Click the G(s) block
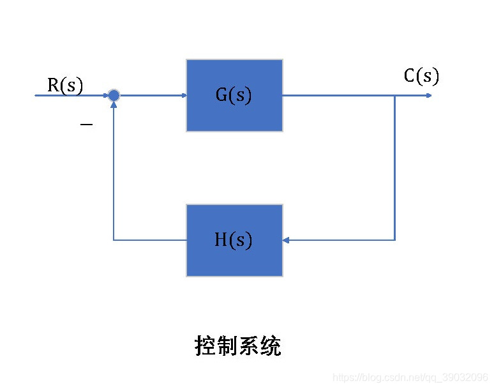point(234,95)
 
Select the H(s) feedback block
point(234,240)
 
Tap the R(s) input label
point(65,86)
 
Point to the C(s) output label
point(421,77)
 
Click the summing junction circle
point(114,96)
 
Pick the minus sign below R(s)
point(86,124)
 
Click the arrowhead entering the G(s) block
point(183,96)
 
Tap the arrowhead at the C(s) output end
point(429,96)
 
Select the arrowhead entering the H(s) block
point(287,240)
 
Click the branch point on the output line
point(395,96)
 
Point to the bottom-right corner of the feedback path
point(395,240)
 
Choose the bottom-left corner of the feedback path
point(114,240)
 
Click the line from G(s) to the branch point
point(338,96)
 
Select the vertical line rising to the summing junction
point(114,172)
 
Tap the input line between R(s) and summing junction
point(70,96)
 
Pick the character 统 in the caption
point(271,346)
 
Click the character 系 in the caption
point(249,346)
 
